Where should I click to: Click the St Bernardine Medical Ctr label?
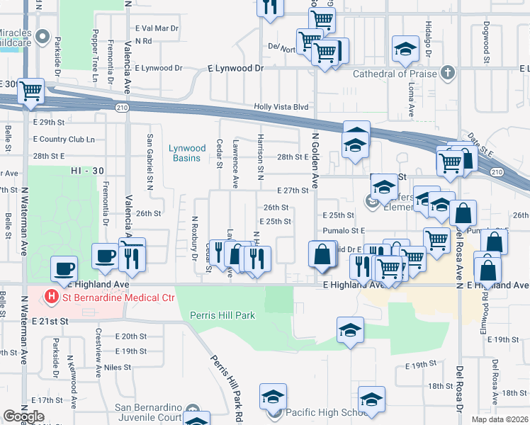[x=117, y=297]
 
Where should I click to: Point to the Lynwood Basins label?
[x=187, y=153]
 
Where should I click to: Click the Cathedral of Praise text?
[x=394, y=74]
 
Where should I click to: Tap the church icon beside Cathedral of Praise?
[x=447, y=73]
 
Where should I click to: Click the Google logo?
[x=23, y=416]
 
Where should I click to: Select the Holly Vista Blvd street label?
[x=281, y=107]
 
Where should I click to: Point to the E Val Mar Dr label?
[x=157, y=28]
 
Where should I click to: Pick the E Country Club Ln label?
[x=63, y=139]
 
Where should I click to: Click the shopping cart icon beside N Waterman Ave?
[x=31, y=90]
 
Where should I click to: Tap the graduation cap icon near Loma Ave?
[x=405, y=48]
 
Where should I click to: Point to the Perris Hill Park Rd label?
[x=225, y=383]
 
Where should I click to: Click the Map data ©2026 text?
[x=500, y=419]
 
